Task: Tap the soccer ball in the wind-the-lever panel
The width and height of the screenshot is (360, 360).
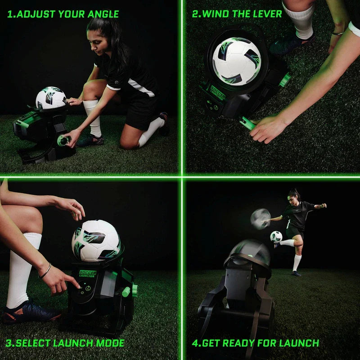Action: click(236, 61)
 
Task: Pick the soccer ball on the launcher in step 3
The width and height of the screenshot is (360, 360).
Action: click(95, 240)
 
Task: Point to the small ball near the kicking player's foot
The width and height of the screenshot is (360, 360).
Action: click(276, 237)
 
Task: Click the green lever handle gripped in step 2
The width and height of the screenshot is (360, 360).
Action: click(247, 122)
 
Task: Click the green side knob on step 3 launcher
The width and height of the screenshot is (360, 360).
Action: click(127, 291)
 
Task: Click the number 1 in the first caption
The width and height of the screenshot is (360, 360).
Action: click(9, 14)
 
